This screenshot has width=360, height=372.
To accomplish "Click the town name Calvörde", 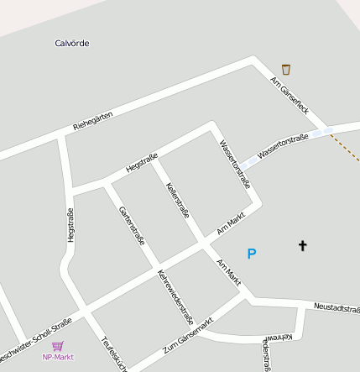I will click(x=71, y=43).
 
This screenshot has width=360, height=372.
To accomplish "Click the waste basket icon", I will click(x=286, y=69).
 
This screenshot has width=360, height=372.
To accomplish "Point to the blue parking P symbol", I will click(x=251, y=253).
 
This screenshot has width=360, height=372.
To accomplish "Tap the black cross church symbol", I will click(x=302, y=245).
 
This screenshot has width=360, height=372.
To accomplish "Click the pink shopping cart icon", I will click(x=58, y=345).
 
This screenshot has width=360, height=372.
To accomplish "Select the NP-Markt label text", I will click(x=58, y=357).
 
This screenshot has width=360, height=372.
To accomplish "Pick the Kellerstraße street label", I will click(x=178, y=200).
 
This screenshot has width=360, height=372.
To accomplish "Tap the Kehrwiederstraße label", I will click(x=175, y=297).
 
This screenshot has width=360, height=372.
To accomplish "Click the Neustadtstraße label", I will click(x=337, y=308).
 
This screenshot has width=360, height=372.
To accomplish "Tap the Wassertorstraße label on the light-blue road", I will click(x=284, y=144).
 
